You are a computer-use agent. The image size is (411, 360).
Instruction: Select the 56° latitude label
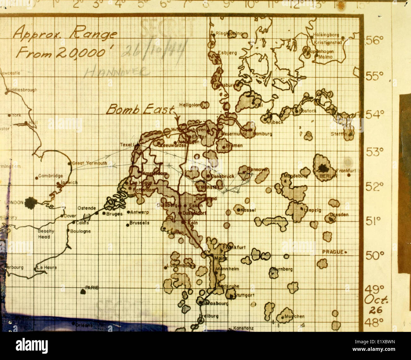click(x=375, y=40)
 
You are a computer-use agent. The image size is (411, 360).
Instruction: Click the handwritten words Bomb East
click(x=140, y=110)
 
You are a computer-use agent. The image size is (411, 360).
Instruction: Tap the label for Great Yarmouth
click(x=89, y=163)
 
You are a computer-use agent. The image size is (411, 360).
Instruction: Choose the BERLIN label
click(x=328, y=176)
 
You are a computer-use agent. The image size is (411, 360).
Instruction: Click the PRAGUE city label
click(x=333, y=252)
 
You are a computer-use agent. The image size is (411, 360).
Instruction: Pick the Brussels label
click(x=139, y=223)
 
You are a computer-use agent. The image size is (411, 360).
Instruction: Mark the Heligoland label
click(x=191, y=105)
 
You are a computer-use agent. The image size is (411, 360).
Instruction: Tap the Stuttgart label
click(x=244, y=296)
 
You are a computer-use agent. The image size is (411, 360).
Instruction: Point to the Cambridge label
click(x=51, y=176)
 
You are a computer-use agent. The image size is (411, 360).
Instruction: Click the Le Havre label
click(x=47, y=267)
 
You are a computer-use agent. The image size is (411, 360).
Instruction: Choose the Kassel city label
click(x=248, y=210)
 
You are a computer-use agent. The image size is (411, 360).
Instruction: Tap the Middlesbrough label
click(x=21, y=90)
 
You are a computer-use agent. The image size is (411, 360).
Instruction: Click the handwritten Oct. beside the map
click(x=376, y=299)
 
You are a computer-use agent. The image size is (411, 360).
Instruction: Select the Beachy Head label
click(x=46, y=234)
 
